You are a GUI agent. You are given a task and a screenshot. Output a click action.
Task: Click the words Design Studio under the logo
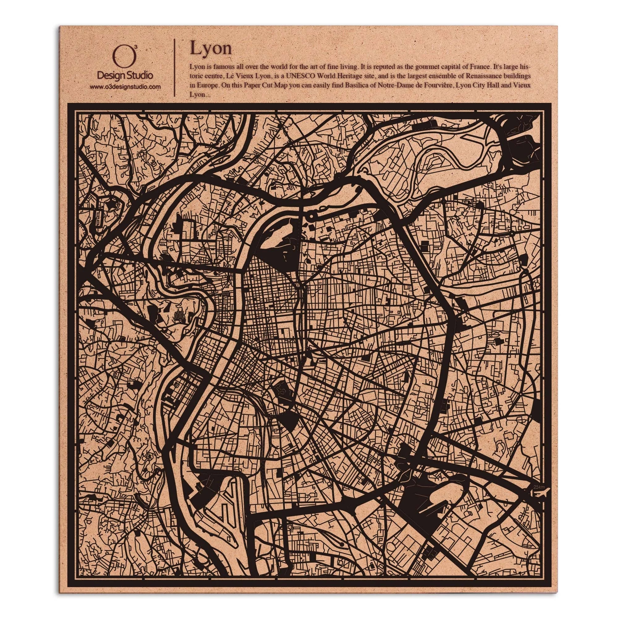[x=125, y=76]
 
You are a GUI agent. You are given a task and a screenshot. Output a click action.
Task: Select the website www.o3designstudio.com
[x=125, y=87]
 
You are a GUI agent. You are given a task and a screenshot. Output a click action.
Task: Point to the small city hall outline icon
[x=226, y=294]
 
